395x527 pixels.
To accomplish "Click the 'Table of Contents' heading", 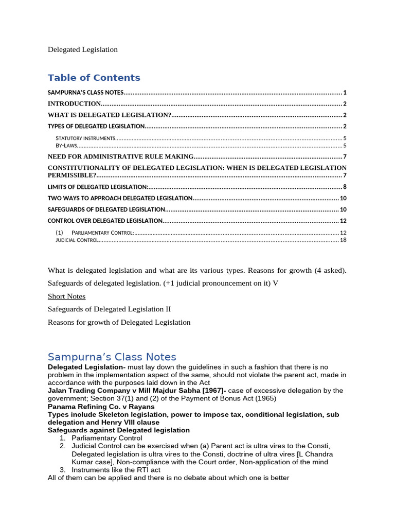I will pyautogui.click(x=94, y=78).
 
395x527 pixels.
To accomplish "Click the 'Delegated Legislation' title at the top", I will pyautogui.click(x=82, y=49).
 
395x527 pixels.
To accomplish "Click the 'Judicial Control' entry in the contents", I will pyautogui.click(x=77, y=240).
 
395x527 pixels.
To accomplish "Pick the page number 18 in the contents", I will pyautogui.click(x=343, y=240).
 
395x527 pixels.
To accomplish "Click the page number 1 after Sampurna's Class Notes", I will pyautogui.click(x=345, y=93).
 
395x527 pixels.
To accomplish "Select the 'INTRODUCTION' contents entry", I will pyautogui.click(x=74, y=104).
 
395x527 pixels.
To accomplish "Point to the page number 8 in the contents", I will pyautogui.click(x=345, y=187).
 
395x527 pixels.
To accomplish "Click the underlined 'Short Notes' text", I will pyautogui.click(x=66, y=296).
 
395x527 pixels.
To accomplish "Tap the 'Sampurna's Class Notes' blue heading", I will pyautogui.click(x=112, y=357).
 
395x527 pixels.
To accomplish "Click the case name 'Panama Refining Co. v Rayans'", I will pyautogui.click(x=101, y=407).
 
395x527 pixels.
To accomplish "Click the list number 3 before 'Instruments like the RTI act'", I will pyautogui.click(x=62, y=470).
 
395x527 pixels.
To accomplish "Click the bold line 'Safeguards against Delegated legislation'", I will pyautogui.click(x=118, y=430).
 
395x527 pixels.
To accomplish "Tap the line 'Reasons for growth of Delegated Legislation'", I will pyautogui.click(x=119, y=322).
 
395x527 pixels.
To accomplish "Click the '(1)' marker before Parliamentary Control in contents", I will pyautogui.click(x=59, y=233).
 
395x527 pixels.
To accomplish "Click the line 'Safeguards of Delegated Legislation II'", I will pyautogui.click(x=109, y=309).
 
